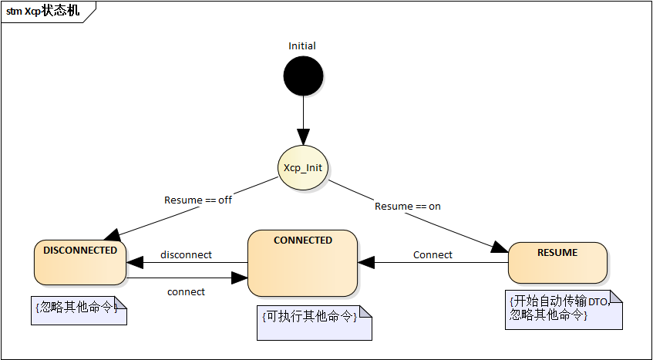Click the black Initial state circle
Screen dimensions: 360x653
(303, 78)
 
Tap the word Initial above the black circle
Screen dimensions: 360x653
(302, 45)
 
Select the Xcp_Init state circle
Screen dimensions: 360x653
(303, 167)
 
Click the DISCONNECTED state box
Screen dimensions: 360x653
(80, 262)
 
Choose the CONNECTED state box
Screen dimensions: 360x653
(302, 262)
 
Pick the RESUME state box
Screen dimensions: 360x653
(557, 262)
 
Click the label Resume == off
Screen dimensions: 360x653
(198, 200)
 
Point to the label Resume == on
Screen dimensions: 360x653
(408, 206)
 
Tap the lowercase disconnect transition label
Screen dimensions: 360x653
(186, 254)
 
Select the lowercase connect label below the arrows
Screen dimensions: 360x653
(186, 291)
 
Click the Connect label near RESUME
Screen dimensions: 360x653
(433, 254)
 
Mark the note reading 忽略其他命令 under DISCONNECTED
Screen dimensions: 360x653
(79, 310)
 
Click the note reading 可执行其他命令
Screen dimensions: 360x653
(313, 321)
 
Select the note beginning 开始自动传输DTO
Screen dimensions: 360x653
(564, 309)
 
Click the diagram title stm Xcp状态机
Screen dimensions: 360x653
(43, 12)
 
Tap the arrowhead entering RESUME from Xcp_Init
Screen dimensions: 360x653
(500, 247)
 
